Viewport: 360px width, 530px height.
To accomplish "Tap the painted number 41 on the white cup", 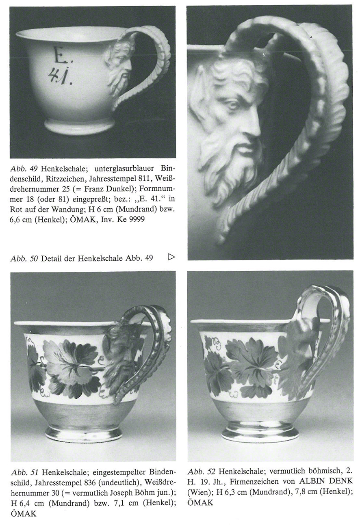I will [61, 77].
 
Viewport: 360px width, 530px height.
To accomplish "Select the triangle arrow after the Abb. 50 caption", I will [171, 256].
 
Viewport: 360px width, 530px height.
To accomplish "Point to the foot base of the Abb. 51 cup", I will [84, 433].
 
